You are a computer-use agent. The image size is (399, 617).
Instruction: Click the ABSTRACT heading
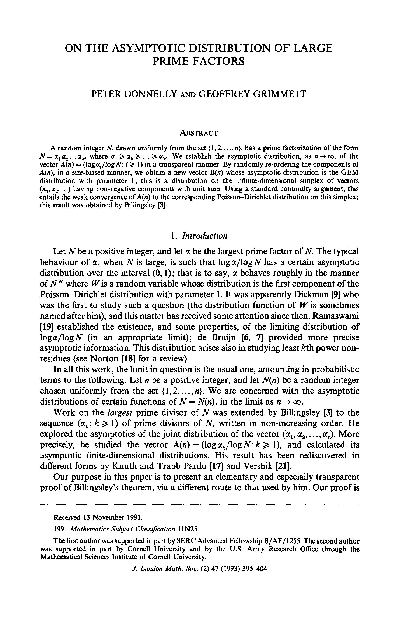[199, 133]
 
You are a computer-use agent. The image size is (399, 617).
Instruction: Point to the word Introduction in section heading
[205, 236]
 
